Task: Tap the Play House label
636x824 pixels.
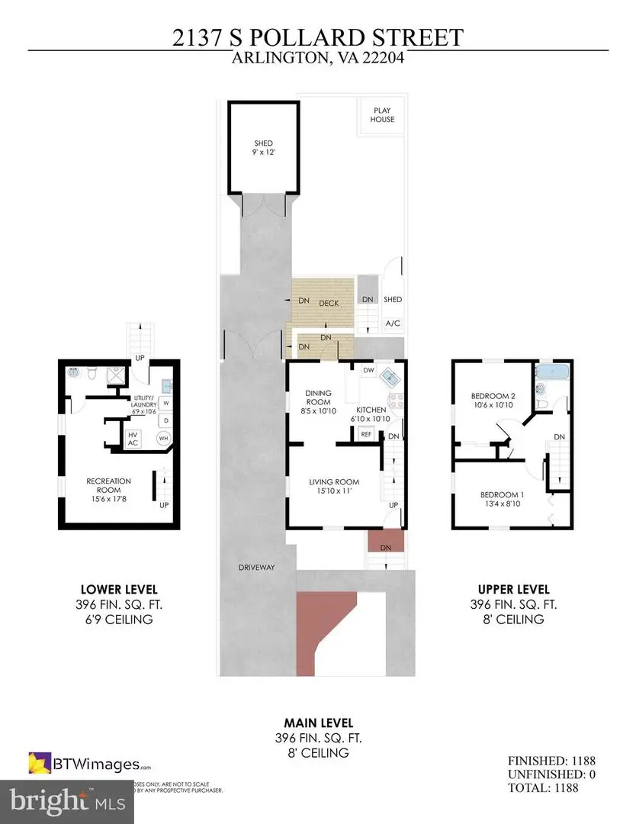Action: (382, 114)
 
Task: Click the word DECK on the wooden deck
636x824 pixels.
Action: (329, 303)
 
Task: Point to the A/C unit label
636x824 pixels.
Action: (393, 323)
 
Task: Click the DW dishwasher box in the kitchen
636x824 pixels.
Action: (368, 370)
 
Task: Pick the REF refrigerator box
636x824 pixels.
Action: (366, 433)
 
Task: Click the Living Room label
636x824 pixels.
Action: (333, 486)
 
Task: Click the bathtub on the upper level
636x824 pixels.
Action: (552, 373)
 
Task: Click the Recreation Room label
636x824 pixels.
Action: (108, 486)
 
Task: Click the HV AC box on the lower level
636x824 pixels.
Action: (132, 438)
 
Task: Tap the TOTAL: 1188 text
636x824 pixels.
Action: (551, 788)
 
